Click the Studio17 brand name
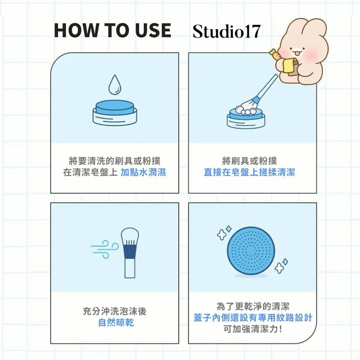point(227,31)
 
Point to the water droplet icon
point(114,84)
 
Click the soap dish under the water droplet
point(115,113)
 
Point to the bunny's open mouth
point(297,54)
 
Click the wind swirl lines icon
point(105,249)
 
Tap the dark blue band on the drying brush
point(130,252)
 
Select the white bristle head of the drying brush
point(130,234)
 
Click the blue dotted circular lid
point(251,251)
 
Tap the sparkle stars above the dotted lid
point(224,232)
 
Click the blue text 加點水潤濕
point(143,172)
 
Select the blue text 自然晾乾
point(116,322)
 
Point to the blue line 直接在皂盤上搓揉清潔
point(249,172)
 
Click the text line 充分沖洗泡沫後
point(115,311)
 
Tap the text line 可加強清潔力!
point(253,329)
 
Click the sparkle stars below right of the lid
point(281,266)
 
